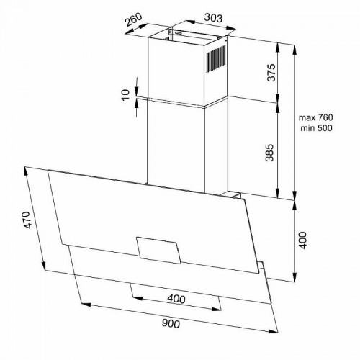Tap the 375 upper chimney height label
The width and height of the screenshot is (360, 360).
coord(268,72)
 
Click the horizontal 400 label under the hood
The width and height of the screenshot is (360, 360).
coord(175,298)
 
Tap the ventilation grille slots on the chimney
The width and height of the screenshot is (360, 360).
coord(215,61)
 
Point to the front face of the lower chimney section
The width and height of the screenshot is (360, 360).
coord(176,144)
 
